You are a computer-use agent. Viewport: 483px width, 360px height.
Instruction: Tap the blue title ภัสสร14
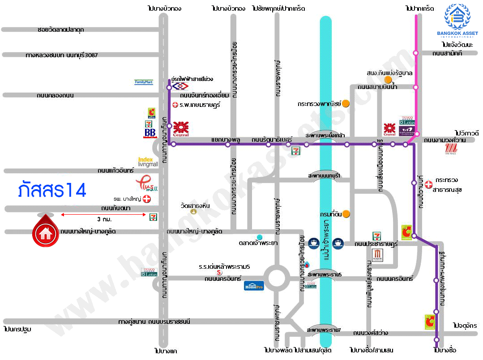coord(52,190)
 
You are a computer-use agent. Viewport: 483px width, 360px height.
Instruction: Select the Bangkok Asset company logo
coord(457,20)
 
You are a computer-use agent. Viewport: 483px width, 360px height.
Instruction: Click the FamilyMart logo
coord(144,82)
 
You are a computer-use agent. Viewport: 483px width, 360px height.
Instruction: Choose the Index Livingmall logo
coord(148,162)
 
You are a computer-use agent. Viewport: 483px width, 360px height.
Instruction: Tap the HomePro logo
coord(254,285)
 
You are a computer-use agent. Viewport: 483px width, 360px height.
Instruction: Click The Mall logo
coord(450,150)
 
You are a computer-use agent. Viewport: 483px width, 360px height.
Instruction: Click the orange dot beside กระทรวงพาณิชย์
coord(346,103)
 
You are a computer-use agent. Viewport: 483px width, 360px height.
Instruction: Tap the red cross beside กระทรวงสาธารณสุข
coord(428,184)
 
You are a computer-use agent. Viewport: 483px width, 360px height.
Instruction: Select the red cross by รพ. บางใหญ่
coord(146,199)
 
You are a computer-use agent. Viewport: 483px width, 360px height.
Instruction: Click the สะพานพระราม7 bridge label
coord(324,330)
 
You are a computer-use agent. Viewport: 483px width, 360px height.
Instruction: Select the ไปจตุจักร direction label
coord(465,325)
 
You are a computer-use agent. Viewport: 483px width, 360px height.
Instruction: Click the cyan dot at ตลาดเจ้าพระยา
coord(259,237)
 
